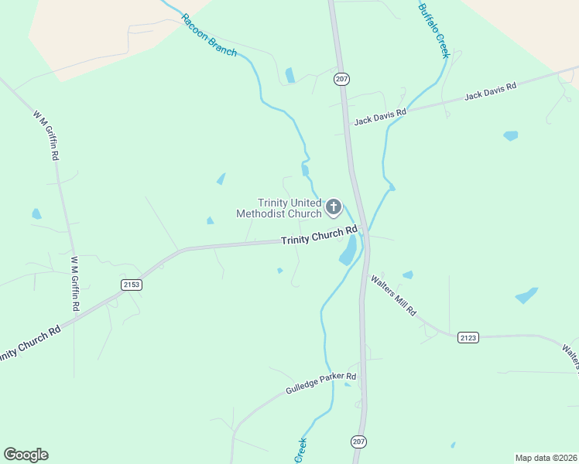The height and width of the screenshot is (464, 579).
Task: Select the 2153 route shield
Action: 132,285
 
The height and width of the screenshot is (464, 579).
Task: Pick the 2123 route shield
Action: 468,337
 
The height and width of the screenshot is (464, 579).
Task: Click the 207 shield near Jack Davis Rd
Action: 341,79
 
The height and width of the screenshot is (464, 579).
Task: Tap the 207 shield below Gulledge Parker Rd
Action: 358,442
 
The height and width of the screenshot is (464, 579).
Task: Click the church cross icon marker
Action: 334,206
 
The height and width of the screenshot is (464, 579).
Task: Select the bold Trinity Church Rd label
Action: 319,236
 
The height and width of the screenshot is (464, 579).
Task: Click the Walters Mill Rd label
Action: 393,295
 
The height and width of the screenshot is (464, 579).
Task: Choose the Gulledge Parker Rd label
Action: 320,381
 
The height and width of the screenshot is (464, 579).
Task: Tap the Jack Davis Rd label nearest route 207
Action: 380,118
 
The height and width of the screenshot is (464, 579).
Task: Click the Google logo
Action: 26,455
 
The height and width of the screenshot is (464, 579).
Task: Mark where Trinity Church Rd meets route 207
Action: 362,230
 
